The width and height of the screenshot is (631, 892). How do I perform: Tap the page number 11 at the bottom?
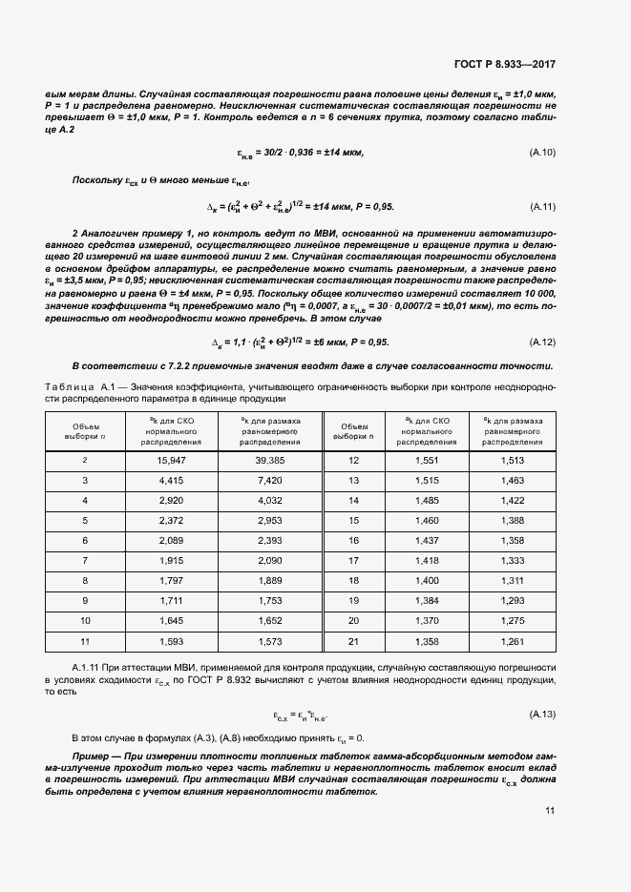[550, 812]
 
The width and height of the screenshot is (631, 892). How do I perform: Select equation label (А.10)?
[542, 153]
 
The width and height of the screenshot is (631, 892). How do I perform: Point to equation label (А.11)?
[542, 207]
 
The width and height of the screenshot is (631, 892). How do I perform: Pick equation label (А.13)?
[542, 715]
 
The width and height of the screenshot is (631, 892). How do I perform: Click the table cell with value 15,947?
[171, 461]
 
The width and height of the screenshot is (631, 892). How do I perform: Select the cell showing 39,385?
[270, 461]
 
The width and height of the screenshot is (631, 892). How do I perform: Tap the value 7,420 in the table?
[270, 481]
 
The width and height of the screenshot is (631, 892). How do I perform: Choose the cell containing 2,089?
[171, 540]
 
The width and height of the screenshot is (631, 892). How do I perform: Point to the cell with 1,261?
[513, 640]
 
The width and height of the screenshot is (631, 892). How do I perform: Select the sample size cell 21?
[353, 640]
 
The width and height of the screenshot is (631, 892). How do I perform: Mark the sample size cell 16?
[353, 540]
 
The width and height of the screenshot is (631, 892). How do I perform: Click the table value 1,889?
[270, 580]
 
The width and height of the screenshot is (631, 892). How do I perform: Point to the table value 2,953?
[270, 521]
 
